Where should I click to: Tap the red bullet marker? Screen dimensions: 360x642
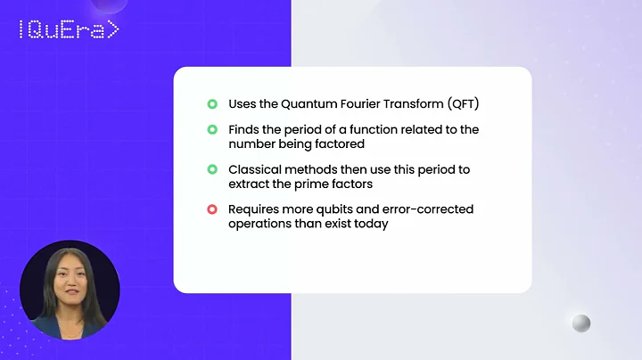(x=212, y=209)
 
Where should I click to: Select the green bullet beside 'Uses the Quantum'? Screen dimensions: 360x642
(x=212, y=104)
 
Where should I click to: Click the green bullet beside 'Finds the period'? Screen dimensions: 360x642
(x=212, y=130)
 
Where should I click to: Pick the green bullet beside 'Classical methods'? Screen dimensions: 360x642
(x=212, y=169)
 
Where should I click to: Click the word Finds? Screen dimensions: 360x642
(x=244, y=130)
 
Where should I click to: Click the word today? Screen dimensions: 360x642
(x=371, y=223)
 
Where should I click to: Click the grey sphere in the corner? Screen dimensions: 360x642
(x=580, y=323)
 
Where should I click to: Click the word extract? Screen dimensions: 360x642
(x=250, y=183)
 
